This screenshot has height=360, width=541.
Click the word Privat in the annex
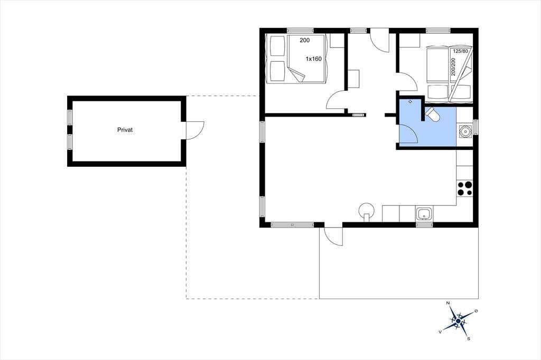(125, 130)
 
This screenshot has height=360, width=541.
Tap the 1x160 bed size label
(314, 59)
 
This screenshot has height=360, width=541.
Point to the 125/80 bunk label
(460, 51)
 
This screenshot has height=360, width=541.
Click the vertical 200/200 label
(453, 67)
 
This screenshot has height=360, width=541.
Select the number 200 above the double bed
(305, 40)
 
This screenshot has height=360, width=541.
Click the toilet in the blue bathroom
(432, 115)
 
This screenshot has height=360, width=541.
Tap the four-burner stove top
(465, 188)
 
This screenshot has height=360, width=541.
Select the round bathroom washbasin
(464, 131)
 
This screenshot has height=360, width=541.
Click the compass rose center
(458, 321)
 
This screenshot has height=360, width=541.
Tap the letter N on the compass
(448, 303)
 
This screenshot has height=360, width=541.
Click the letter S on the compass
(469, 338)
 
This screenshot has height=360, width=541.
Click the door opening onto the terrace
(331, 236)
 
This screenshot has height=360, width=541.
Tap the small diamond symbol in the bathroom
(410, 102)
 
